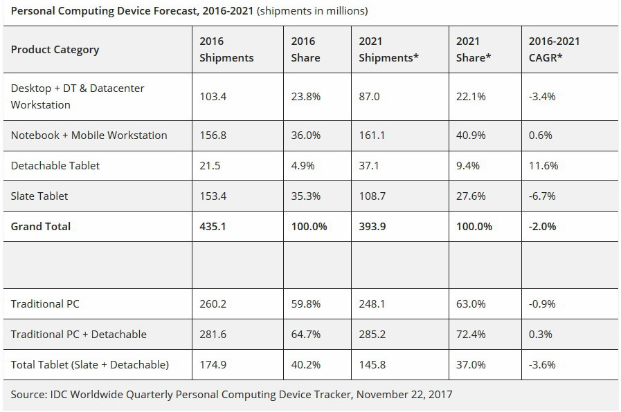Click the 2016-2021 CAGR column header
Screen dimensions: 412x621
[x=554, y=49]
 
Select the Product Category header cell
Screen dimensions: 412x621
[x=55, y=49]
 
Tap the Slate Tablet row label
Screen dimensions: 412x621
[x=39, y=196]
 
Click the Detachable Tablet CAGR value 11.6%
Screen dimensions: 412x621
[x=543, y=165]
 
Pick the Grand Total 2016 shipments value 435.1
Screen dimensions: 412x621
[x=213, y=226]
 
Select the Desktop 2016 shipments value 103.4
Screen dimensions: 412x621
[x=213, y=96]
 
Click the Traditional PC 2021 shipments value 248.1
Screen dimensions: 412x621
[x=372, y=303]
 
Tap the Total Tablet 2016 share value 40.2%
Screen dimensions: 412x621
[x=305, y=364]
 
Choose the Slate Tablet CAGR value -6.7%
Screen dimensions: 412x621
[x=541, y=196]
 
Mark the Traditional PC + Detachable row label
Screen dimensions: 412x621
[x=78, y=334]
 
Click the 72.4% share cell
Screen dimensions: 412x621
[x=471, y=334]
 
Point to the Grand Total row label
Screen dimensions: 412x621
[x=41, y=226]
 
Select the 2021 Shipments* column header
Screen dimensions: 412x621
[x=388, y=49]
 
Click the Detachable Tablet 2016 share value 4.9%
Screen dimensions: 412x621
[x=303, y=165]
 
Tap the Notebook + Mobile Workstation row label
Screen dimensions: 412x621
[x=89, y=135]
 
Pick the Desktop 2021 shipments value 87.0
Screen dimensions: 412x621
[x=369, y=96]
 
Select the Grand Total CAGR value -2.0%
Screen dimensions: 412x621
[x=542, y=226]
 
